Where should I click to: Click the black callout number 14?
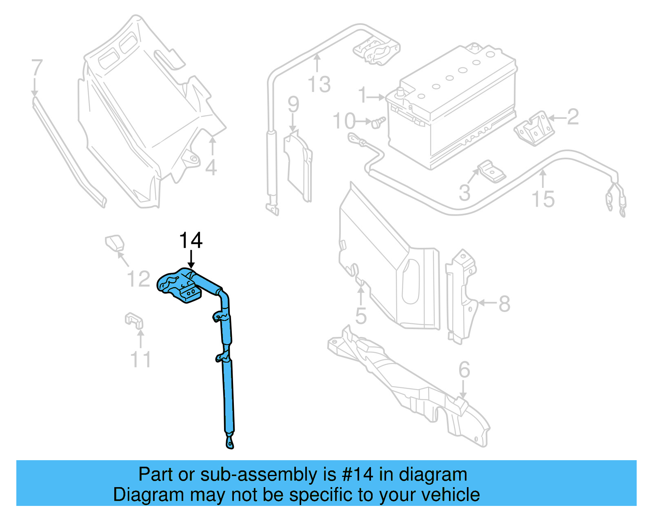[191, 241]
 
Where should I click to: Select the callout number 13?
[319, 85]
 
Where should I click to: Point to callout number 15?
[543, 199]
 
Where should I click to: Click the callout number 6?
[464, 370]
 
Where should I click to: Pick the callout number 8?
[504, 304]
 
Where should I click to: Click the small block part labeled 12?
[115, 242]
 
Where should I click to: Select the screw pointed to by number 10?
[378, 122]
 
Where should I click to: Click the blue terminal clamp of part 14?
[179, 285]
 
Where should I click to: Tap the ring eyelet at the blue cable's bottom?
[230, 443]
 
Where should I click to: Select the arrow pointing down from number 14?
[191, 260]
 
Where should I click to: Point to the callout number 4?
[211, 168]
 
